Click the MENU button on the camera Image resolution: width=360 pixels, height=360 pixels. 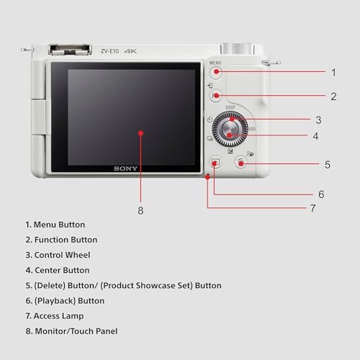pos(216,73)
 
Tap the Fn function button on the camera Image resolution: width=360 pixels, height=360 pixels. pos(215,96)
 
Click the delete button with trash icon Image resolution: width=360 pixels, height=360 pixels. pos(241,163)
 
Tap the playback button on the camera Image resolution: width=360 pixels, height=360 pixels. pos(215,162)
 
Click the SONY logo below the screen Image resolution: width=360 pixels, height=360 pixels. pos(125,168)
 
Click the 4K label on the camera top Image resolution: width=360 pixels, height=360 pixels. pos(130,51)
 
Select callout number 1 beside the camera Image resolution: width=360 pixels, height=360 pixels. pos(333,72)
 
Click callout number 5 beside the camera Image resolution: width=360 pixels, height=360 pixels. pos(327,164)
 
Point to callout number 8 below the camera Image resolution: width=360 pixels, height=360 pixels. pos(140,210)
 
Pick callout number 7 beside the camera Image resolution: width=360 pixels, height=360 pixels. pos(312,208)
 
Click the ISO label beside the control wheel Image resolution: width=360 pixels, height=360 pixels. pos(253,130)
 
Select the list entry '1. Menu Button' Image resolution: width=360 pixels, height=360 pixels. pos(55,225)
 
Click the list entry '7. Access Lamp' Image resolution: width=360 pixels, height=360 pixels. pos(54,316)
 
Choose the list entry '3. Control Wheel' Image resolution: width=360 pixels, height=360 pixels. pos(58,255)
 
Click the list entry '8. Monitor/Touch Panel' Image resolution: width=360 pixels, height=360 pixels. pos(71,331)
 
